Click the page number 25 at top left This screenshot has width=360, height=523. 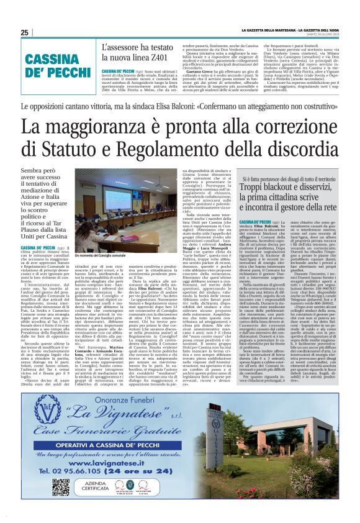pyautogui.click(x=24, y=32)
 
